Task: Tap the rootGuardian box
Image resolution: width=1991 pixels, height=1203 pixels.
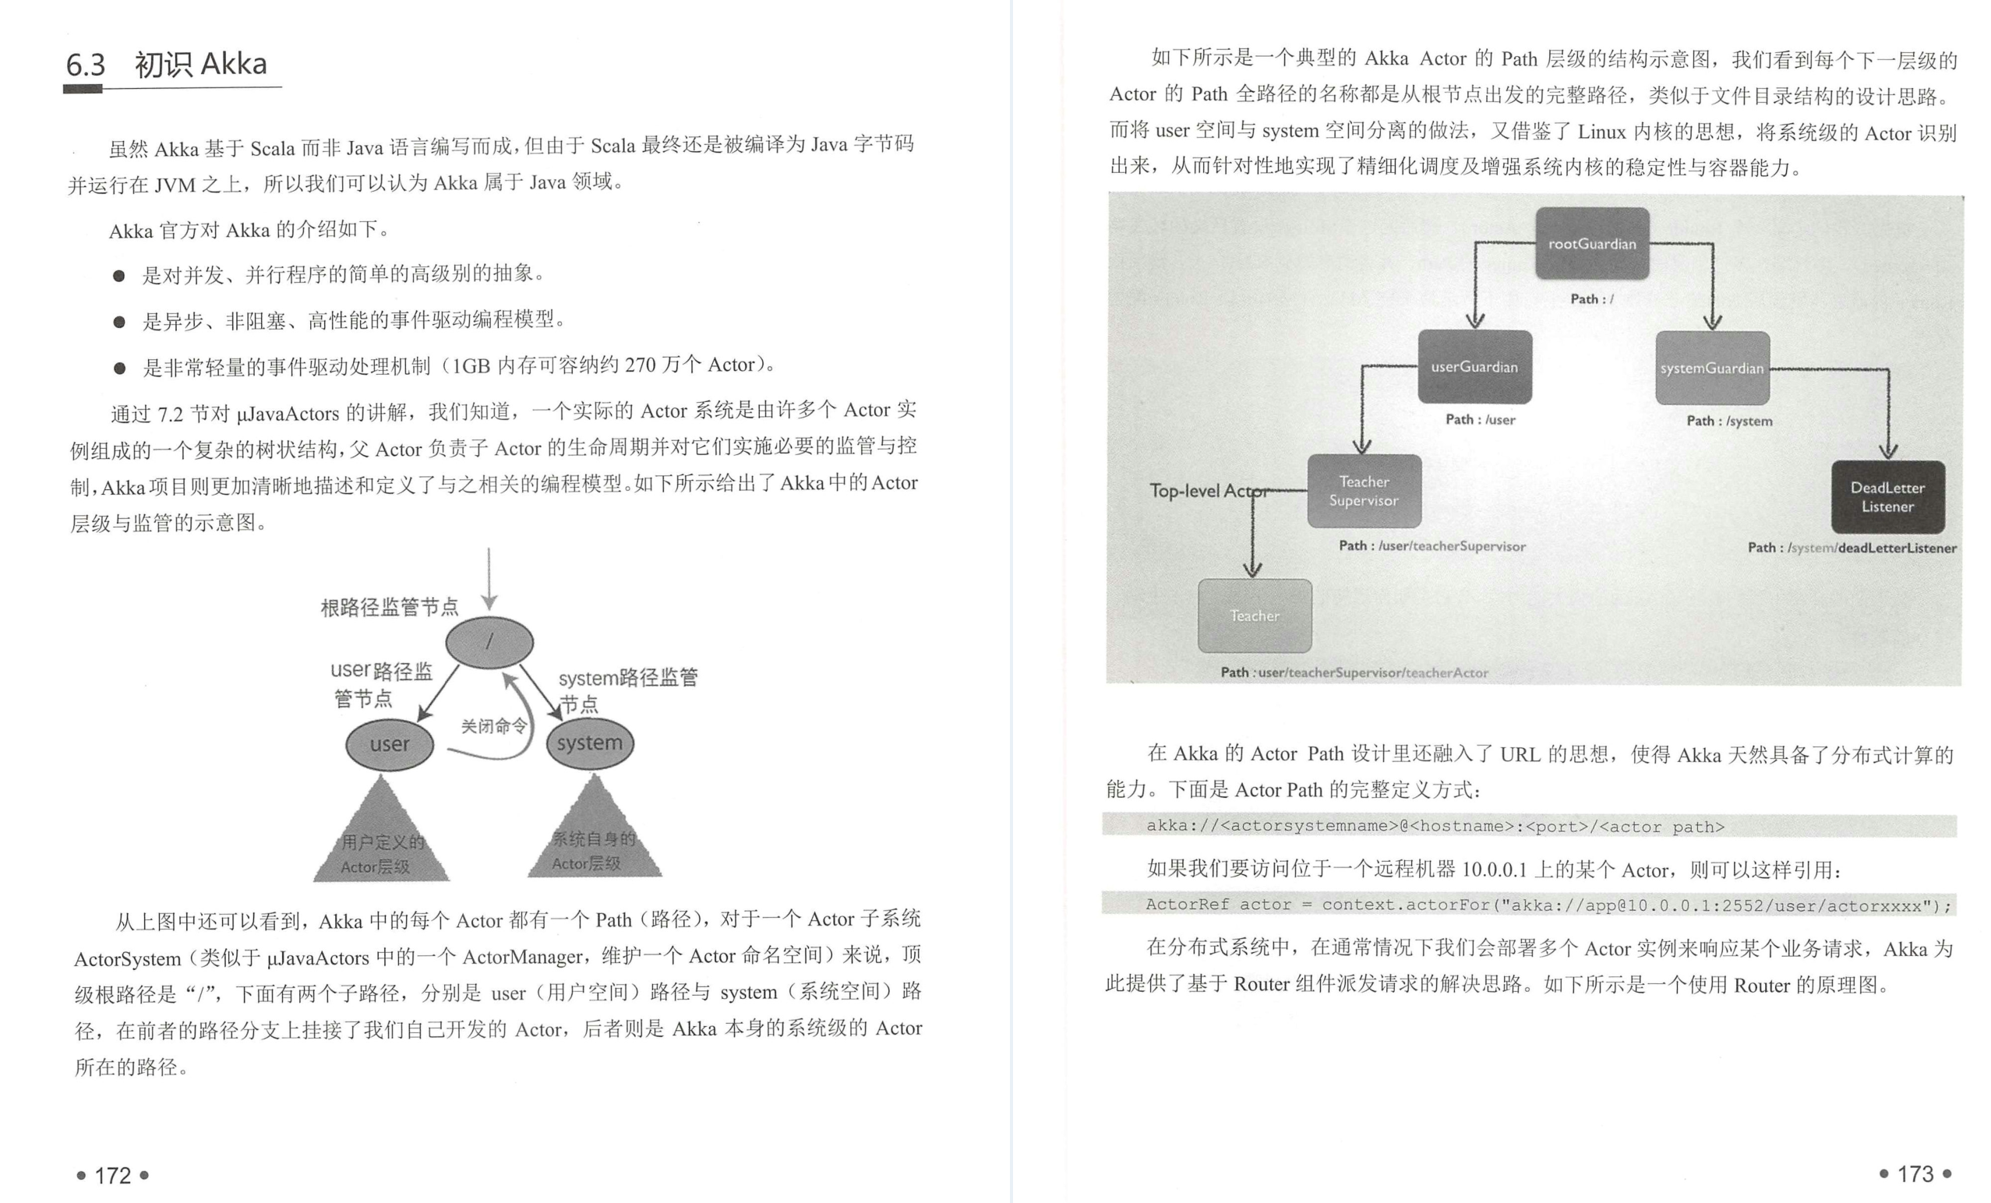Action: tap(1592, 243)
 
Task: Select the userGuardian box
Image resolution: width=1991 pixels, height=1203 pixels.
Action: tap(1474, 367)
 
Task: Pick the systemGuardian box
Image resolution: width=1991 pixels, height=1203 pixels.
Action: tap(1711, 369)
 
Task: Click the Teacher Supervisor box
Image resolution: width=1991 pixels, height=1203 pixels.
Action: tap(1364, 491)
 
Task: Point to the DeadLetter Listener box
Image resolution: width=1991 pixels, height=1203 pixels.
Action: tap(1887, 497)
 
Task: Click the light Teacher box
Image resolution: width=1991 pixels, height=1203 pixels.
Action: tap(1254, 616)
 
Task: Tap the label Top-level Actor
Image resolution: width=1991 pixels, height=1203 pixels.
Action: tap(1207, 491)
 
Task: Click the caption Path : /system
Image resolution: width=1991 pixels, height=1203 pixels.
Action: tap(1729, 421)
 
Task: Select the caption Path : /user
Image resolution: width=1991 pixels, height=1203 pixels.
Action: tap(1481, 419)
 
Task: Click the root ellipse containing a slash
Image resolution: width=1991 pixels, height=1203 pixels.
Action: tap(489, 642)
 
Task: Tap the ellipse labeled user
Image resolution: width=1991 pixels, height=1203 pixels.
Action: tap(390, 744)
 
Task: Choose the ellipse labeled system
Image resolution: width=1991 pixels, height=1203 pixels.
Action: tap(590, 743)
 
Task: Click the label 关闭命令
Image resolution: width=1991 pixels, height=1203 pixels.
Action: tap(493, 725)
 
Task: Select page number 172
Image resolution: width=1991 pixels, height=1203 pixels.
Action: tap(112, 1176)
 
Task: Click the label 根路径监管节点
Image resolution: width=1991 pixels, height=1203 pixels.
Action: tap(389, 607)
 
